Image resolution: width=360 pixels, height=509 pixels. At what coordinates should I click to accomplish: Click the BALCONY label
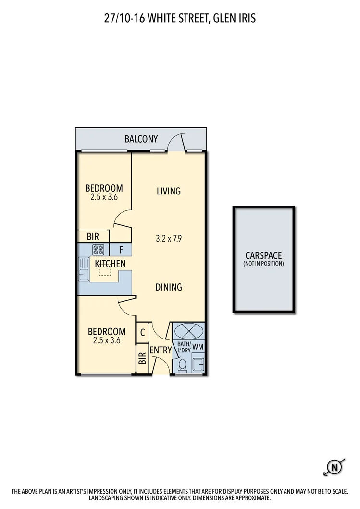[141, 139]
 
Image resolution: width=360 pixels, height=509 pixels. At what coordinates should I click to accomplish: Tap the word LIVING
[169, 191]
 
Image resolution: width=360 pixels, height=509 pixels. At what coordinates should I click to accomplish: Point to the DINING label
[169, 287]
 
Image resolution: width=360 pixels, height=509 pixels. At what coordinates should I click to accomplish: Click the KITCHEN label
[110, 264]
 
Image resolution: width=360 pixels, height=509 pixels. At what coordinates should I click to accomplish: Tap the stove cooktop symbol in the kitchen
[98, 250]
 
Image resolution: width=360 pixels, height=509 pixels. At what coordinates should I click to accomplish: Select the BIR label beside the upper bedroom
[93, 237]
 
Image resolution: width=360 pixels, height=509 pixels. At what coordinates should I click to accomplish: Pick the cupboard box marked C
[143, 332]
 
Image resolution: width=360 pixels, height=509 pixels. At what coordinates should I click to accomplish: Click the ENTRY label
[161, 351]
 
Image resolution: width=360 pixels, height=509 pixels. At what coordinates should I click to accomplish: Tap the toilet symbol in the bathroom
[182, 366]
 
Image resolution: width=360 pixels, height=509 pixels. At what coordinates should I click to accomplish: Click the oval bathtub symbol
[188, 331]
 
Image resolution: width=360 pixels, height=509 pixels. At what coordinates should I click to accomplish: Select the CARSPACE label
[263, 255]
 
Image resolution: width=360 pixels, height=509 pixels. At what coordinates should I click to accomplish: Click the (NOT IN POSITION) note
[263, 264]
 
